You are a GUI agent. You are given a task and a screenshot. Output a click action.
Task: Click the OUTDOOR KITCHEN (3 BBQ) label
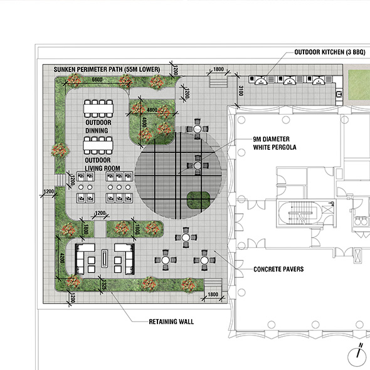(330, 52)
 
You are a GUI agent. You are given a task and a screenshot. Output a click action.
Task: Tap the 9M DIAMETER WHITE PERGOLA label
(275, 143)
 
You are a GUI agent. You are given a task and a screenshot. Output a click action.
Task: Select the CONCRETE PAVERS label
(278, 269)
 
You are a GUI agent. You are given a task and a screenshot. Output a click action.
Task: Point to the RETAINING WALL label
(171, 322)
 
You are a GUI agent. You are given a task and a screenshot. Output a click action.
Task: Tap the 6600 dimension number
(97, 80)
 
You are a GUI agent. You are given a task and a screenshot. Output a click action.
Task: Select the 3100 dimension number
(241, 90)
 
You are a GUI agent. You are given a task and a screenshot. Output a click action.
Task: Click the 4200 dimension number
(62, 258)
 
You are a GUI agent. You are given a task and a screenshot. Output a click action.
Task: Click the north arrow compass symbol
(357, 356)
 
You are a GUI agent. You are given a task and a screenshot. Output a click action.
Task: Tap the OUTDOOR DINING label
(98, 127)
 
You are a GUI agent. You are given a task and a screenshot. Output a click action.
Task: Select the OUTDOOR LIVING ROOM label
(102, 164)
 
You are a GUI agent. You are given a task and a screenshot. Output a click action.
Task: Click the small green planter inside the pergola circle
(198, 200)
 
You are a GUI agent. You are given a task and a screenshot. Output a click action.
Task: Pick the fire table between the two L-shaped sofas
(104, 258)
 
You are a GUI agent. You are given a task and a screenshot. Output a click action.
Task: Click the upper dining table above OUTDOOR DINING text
(98, 108)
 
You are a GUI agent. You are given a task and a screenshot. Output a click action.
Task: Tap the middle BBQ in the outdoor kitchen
(289, 81)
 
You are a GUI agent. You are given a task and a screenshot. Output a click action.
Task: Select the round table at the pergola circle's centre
(198, 166)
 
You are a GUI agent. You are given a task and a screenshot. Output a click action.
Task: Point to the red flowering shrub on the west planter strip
(60, 151)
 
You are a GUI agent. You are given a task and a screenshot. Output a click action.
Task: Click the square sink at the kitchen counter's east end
(339, 94)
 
